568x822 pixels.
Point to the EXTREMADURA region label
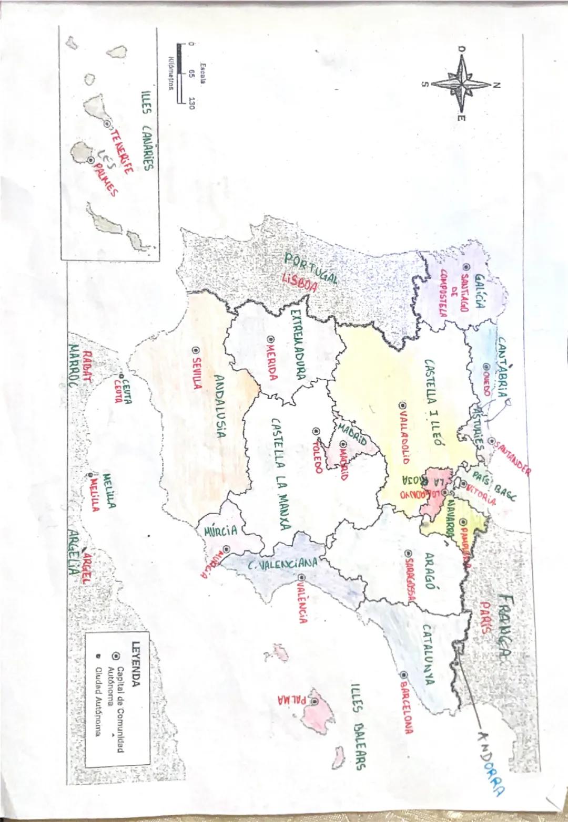(x=299, y=345)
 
